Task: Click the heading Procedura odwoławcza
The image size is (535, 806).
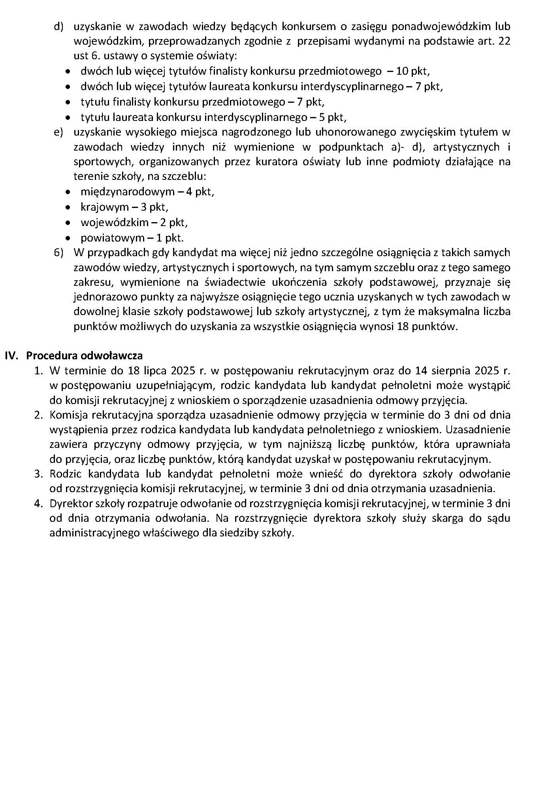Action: tap(84, 355)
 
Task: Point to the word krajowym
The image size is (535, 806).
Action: tap(104, 207)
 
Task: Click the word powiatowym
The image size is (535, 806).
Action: tap(112, 238)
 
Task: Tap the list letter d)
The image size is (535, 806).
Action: tap(58, 26)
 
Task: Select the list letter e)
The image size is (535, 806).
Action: tap(58, 132)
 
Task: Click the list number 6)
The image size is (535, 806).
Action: tap(58, 253)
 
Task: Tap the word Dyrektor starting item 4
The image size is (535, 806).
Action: tap(71, 504)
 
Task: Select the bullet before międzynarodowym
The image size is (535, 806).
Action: tap(69, 193)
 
